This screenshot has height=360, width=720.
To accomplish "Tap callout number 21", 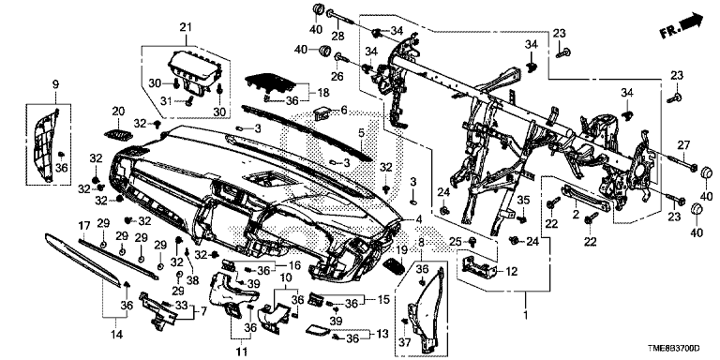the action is pyautogui.click(x=185, y=27).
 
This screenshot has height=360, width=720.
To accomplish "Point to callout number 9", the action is pyautogui.click(x=55, y=84).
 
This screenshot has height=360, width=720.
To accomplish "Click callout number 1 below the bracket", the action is pyautogui.click(x=526, y=317).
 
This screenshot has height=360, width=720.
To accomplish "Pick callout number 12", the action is pyautogui.click(x=511, y=272).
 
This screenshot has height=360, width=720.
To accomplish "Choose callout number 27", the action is pyautogui.click(x=683, y=145).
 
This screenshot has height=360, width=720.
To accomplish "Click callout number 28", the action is pyautogui.click(x=337, y=37).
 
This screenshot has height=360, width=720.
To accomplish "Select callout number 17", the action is pyautogui.click(x=83, y=226).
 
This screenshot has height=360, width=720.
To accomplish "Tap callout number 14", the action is pyautogui.click(x=116, y=335).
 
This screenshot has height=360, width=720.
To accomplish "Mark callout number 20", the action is pyautogui.click(x=118, y=112).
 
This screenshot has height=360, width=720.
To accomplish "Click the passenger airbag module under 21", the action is pyautogui.click(x=194, y=70).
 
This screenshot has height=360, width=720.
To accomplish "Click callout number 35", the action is pyautogui.click(x=523, y=200).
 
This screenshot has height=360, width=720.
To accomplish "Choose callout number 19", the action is pyautogui.click(x=402, y=249).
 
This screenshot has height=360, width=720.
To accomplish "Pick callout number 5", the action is pyautogui.click(x=361, y=133).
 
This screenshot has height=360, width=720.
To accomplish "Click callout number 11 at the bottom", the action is pyautogui.click(x=242, y=352).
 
